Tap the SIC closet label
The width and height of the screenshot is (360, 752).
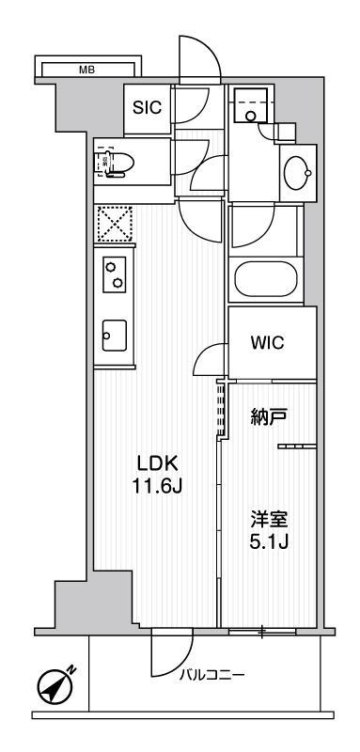pos(146,107)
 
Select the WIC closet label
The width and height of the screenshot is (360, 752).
pos(266,342)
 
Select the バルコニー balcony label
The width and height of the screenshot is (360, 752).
pos(215,674)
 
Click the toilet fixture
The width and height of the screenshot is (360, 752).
pos(119,162)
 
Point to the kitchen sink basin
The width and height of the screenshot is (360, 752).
pos(115,333)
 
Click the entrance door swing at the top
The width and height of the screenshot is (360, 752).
pos(200,58)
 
